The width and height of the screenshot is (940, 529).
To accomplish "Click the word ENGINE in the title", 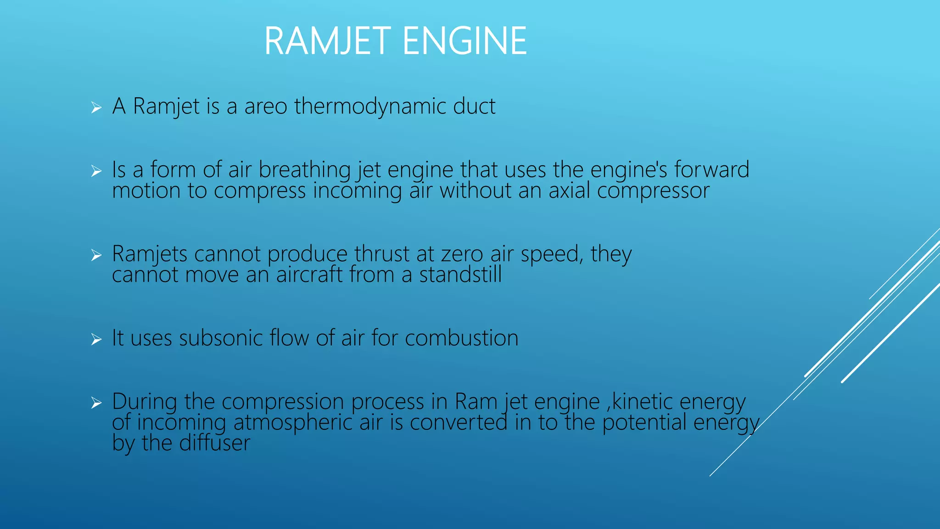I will point(464,41).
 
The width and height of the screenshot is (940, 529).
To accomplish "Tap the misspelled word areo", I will point(265,107).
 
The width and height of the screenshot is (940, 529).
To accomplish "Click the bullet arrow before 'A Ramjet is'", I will point(96,108).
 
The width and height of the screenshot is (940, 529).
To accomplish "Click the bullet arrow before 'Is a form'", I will point(96,171).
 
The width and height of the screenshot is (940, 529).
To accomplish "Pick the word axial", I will point(569,190).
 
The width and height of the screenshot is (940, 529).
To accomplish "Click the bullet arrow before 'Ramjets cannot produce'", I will point(96,255).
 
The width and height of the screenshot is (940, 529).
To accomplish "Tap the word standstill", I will point(460,275).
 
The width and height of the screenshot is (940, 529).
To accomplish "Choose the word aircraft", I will point(309,275).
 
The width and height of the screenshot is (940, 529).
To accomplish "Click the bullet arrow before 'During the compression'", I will point(96,403).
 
